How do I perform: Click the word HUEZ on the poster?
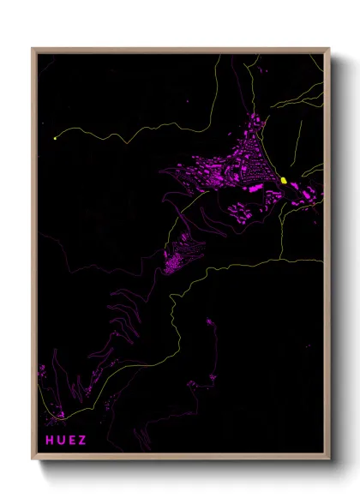click(x=66, y=441)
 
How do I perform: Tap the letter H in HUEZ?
click(x=50, y=441)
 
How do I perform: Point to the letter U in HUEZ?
click(x=61, y=441)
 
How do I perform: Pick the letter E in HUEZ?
click(x=72, y=441)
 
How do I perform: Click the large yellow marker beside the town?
click(x=284, y=181)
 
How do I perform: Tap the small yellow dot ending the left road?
click(x=55, y=137)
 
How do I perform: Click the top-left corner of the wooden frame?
click(x=33, y=49)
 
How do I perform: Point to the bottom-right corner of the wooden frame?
click(x=328, y=459)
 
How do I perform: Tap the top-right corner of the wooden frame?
click(x=328, y=49)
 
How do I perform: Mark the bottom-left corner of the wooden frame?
click(x=33, y=459)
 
